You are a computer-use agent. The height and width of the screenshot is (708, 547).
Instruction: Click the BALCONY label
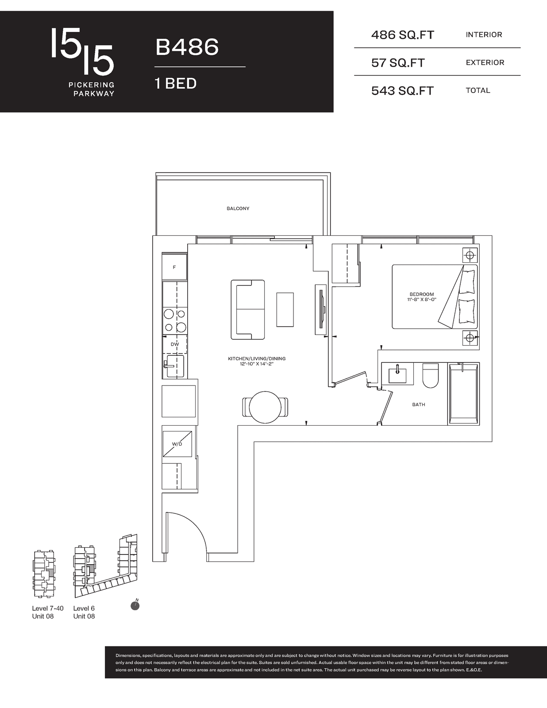(238, 208)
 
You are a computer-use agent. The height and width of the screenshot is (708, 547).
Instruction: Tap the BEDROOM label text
(422, 295)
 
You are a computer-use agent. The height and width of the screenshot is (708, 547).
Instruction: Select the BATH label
(419, 404)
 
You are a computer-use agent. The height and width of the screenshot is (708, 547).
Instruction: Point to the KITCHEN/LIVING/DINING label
(257, 359)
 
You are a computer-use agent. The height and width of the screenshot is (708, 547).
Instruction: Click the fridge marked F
(175, 267)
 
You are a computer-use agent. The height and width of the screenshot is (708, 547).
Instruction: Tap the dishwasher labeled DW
(175, 344)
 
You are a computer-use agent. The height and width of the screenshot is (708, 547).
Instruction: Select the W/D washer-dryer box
(177, 444)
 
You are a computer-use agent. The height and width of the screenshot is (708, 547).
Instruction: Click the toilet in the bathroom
(430, 375)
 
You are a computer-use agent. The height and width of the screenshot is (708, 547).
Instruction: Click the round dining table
(265, 407)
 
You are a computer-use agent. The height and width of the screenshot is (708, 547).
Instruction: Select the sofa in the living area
(248, 309)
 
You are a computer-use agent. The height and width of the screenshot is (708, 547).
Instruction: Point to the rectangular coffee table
(285, 309)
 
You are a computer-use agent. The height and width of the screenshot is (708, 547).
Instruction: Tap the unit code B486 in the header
(187, 47)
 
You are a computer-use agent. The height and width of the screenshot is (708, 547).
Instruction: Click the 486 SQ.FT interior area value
(403, 35)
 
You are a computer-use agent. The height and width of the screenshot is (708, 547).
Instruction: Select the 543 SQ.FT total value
(403, 91)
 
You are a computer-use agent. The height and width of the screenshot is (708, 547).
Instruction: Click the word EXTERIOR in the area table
(485, 62)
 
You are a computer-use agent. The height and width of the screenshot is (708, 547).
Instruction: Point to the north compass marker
(135, 605)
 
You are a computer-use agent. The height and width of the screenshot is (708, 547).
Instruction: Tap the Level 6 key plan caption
(84, 608)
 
